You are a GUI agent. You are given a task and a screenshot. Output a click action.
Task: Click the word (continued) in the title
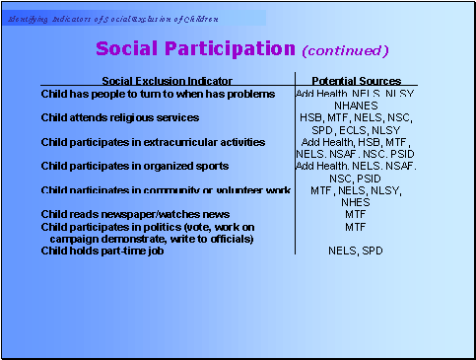[345, 50]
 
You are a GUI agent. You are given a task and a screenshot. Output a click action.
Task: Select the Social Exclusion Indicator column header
[168, 80]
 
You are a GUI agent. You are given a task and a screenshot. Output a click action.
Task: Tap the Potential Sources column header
[356, 80]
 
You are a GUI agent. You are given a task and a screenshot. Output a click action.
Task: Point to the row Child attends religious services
[120, 117]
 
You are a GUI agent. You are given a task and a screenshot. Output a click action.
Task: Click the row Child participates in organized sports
[135, 166]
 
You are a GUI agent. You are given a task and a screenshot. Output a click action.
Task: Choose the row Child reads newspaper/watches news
[135, 213]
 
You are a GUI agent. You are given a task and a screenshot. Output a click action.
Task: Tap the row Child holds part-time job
[102, 251]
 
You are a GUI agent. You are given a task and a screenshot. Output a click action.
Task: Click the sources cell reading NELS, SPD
[356, 251]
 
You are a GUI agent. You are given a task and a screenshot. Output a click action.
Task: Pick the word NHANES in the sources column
[356, 105]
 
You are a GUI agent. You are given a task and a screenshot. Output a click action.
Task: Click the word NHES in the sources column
[356, 201]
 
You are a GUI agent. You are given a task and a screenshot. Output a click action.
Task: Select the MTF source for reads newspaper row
[356, 213]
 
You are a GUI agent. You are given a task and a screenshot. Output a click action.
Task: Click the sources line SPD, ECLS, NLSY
[356, 129]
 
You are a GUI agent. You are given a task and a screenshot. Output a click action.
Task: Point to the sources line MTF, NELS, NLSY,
[356, 189]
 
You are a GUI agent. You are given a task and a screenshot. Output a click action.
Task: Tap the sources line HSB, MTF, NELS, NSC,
[356, 117]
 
